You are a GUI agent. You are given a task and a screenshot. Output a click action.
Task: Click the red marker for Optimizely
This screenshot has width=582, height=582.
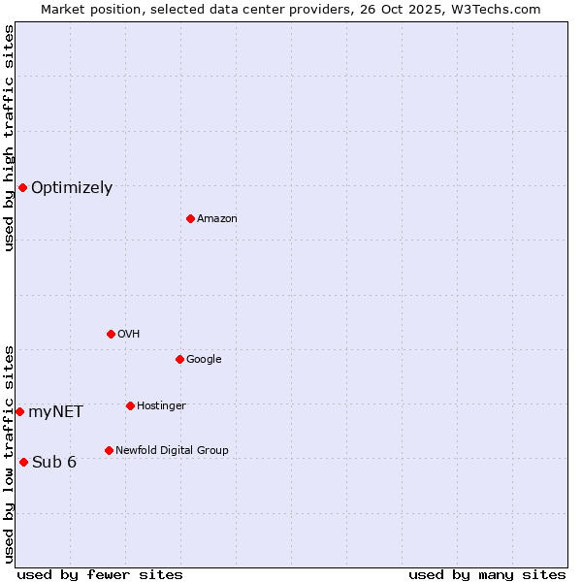(22, 187)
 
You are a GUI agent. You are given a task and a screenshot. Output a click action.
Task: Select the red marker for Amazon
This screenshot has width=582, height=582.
(190, 218)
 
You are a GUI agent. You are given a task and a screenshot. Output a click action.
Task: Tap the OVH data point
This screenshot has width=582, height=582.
(111, 334)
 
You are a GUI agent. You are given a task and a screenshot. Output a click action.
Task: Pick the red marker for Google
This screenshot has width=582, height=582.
(179, 359)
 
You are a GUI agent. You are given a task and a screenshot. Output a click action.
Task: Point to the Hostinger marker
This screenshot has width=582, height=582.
(130, 405)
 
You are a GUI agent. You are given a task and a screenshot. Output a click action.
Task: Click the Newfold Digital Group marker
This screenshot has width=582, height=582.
(109, 450)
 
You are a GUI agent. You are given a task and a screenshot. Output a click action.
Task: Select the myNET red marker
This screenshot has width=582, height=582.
(19, 411)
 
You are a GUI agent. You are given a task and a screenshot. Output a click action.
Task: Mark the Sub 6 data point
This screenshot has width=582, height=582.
(23, 462)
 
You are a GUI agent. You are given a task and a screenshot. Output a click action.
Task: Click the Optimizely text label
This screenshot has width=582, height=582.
(72, 188)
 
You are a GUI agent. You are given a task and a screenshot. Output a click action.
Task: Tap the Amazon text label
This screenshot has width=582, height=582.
(217, 219)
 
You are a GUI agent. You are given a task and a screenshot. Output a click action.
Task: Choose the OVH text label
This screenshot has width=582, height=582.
(129, 335)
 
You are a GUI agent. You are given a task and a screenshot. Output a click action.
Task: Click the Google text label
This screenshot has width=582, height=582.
(204, 360)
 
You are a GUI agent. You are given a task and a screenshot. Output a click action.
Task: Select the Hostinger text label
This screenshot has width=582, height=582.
(161, 406)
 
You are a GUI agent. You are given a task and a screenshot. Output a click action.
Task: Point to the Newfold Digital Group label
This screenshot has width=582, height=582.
(172, 451)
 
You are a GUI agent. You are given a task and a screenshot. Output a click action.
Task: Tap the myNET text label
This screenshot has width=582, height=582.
(55, 412)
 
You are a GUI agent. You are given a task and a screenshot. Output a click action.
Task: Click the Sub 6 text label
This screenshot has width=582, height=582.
(54, 463)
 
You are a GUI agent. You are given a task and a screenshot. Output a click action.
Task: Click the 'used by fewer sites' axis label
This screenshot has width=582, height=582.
(100, 574)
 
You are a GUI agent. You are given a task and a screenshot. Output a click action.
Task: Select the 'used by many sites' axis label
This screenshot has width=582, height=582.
(487, 574)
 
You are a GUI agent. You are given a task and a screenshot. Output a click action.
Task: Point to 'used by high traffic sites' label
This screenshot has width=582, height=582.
(9, 138)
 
